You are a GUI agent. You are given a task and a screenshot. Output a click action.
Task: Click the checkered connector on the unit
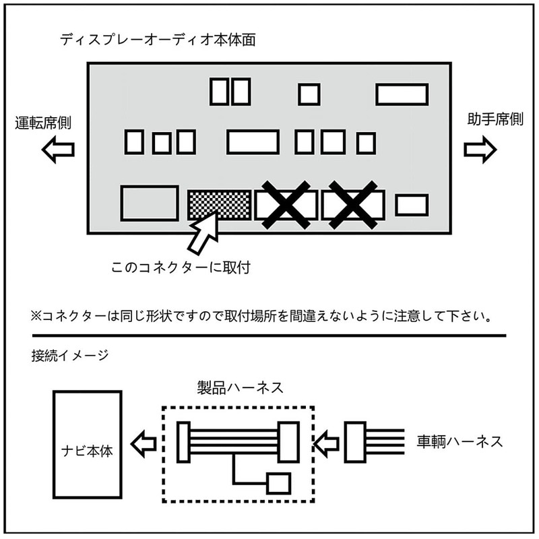[220, 204]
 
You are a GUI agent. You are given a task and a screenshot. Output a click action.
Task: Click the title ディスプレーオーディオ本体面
[157, 40]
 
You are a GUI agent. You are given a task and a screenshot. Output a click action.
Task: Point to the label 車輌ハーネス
[460, 442]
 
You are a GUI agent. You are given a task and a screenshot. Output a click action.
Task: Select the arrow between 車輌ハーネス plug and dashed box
[328, 443]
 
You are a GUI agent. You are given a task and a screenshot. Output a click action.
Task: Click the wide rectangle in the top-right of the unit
[402, 94]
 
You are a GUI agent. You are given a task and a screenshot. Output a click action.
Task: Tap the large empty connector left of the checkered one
[150, 203]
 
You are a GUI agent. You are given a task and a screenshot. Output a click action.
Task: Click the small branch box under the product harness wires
[278, 483]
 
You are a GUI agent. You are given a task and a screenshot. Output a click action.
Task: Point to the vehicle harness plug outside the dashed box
[355, 443]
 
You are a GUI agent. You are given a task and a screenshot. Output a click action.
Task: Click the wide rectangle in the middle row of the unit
[253, 142]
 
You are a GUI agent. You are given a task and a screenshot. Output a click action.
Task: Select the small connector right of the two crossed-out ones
[411, 205]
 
